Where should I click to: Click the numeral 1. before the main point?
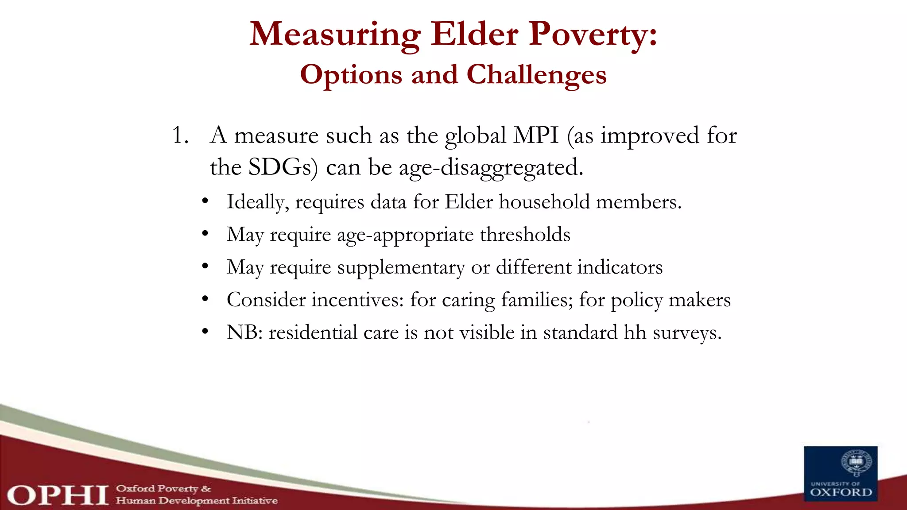[x=180, y=135]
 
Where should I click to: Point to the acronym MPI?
[x=536, y=135]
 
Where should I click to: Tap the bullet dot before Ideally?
[x=205, y=201]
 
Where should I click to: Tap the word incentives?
[x=358, y=300]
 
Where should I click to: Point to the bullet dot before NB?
[x=205, y=332]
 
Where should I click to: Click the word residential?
[x=313, y=332]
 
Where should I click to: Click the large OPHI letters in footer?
[x=58, y=495]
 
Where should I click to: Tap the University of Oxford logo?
[x=841, y=474]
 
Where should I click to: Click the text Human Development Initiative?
[x=197, y=501]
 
